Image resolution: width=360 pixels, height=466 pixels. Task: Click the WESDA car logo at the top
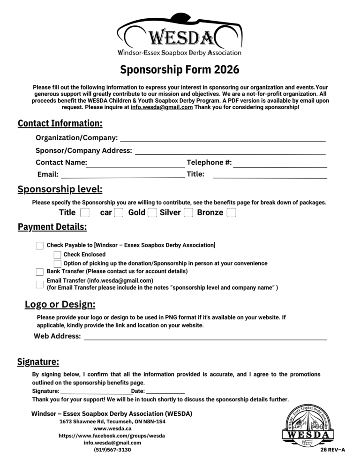click(180, 35)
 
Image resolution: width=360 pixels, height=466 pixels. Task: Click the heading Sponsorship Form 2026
click(180, 70)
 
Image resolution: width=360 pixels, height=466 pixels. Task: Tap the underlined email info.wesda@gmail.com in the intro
click(162, 107)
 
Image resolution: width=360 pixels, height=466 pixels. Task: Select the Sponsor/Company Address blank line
click(230, 151)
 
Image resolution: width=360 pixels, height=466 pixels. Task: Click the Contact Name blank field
click(136, 163)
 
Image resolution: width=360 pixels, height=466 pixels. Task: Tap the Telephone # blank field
click(280, 163)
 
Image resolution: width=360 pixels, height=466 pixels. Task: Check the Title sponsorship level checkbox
click(85, 213)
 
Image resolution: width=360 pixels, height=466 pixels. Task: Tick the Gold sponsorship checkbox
click(152, 213)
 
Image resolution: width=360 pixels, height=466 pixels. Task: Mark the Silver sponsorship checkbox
click(188, 213)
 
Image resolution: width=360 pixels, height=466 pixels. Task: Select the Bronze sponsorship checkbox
click(231, 213)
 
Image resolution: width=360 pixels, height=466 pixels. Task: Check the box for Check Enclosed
click(57, 255)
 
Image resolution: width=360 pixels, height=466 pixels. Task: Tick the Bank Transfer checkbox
click(40, 271)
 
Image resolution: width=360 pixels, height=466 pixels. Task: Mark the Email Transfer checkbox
click(40, 284)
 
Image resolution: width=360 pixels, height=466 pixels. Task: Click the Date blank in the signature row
click(165, 391)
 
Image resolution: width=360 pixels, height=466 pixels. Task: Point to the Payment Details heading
click(52, 227)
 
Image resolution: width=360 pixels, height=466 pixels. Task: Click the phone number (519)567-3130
click(112, 450)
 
